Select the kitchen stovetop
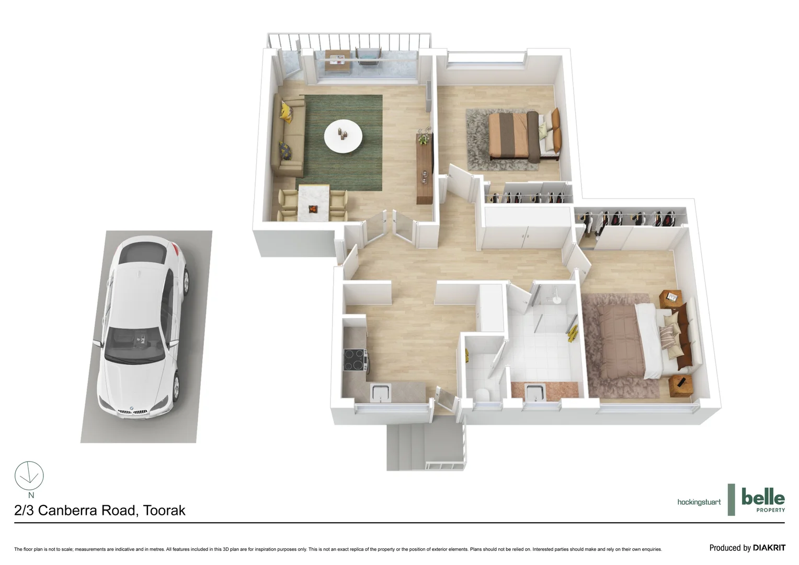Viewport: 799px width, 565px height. (x=355, y=359)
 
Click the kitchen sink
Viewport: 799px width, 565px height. (x=380, y=392)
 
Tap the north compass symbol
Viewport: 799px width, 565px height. (x=29, y=476)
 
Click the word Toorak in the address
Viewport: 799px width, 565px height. (x=164, y=511)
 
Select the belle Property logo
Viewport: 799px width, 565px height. (x=763, y=500)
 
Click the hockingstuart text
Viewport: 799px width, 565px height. (x=699, y=502)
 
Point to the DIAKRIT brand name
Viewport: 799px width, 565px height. (x=769, y=548)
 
